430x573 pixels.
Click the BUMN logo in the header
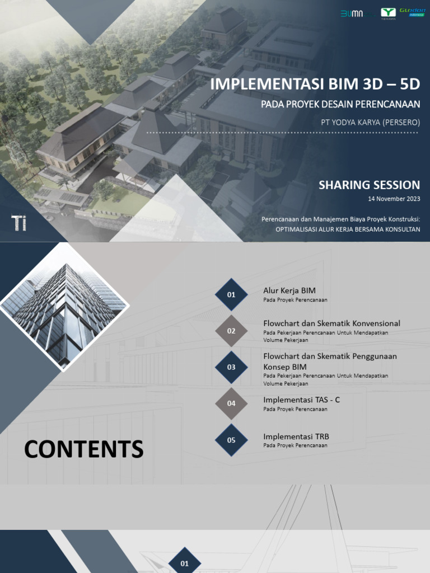point(352,13)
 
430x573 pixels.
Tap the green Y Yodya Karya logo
point(388,13)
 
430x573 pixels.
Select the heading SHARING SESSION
point(369,185)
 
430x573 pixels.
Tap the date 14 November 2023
point(394,199)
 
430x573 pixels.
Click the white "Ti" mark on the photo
point(19,222)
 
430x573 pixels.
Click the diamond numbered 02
point(231,331)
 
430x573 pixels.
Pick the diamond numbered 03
point(231,367)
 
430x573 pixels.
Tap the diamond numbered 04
point(231,403)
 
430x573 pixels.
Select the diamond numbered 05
point(231,440)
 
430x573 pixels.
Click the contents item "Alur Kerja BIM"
point(289,290)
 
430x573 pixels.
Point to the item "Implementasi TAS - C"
point(301,400)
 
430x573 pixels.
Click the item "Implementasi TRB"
point(292,436)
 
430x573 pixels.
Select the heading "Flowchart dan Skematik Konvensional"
point(331,323)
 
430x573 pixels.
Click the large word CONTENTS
point(83,449)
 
